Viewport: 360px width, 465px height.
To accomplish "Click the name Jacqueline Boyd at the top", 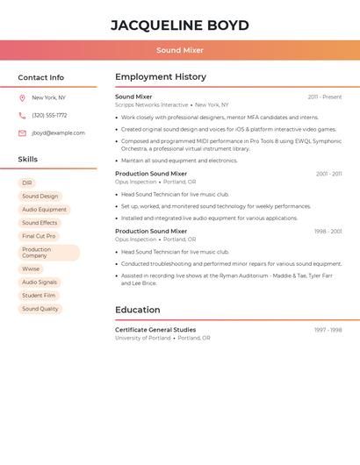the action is [x=180, y=25].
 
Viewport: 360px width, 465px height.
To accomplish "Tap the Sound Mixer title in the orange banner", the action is [x=180, y=51].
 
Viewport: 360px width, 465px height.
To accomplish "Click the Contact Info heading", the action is [x=41, y=77].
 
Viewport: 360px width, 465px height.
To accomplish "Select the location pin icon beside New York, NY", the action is [x=22, y=97].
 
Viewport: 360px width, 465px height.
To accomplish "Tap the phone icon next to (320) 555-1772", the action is [x=22, y=115].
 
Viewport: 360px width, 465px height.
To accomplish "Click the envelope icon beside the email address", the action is [x=22, y=133].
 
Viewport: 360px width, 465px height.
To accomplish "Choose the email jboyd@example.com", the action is [x=58, y=133].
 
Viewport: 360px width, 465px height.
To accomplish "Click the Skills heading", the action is [x=28, y=160].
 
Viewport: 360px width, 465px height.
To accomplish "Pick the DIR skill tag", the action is [x=27, y=183].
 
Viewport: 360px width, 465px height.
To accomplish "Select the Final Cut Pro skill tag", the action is [x=39, y=236].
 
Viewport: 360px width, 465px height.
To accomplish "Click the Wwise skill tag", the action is [x=31, y=269].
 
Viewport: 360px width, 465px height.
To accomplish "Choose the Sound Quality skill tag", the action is [x=40, y=309].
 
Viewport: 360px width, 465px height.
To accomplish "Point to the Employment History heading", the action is [x=161, y=77].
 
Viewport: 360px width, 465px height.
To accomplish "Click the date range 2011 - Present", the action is [x=325, y=97].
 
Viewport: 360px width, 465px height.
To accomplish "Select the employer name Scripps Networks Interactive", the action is [x=151, y=105].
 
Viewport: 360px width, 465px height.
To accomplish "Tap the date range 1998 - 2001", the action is [x=328, y=232].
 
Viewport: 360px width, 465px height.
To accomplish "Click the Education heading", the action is [x=138, y=310].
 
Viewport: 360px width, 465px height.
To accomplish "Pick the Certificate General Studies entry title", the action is [x=155, y=330].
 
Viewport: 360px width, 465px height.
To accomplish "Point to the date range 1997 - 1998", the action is [x=328, y=330].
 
